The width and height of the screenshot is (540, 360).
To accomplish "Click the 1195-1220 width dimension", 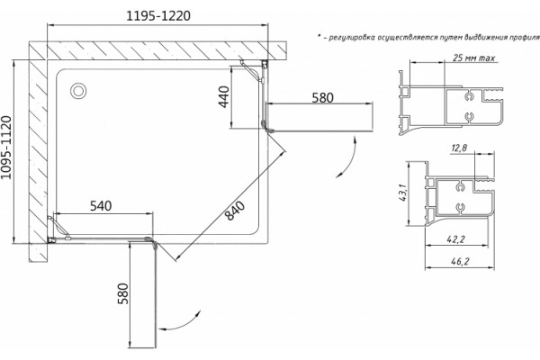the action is (158, 16).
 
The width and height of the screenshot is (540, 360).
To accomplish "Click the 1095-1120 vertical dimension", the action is (6, 148).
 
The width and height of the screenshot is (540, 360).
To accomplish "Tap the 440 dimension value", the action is (224, 97).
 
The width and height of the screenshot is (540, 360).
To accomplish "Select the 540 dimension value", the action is (101, 206).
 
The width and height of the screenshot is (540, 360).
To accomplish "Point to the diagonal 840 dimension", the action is (235, 211).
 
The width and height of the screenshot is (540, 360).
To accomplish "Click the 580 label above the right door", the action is (323, 98).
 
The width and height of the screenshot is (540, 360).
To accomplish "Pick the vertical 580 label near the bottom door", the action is (123, 293).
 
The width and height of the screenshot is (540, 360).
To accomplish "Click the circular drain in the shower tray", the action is (78, 91).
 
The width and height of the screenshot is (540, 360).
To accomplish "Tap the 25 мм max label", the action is (474, 58).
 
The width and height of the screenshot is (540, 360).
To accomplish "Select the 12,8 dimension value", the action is (459, 148).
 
